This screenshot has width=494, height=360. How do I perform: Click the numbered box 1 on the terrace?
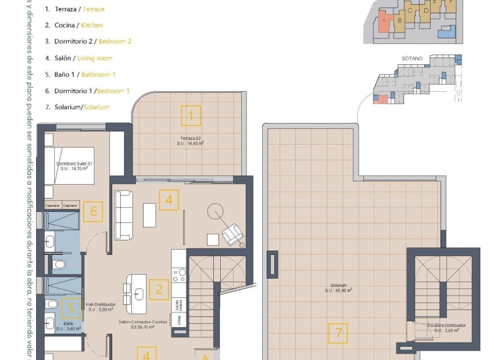191,116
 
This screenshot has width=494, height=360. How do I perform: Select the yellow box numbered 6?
93,211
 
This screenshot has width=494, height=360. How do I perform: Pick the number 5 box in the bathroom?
71,308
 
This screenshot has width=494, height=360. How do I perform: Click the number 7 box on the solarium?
338,333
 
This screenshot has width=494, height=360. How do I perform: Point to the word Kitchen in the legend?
92,25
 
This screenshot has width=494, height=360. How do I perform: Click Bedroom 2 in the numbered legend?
115,41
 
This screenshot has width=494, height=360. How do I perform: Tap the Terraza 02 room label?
190,138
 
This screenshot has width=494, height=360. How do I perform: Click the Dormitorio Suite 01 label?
74,164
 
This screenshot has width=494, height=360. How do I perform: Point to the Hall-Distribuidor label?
101,304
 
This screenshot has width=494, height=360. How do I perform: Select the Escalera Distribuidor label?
446,326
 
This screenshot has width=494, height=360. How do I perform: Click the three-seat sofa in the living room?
123,215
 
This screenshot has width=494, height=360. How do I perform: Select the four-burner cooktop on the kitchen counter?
179,275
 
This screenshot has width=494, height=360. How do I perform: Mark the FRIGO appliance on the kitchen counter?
179,319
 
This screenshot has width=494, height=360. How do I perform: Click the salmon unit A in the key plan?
384,23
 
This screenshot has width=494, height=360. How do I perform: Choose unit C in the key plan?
410,11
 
